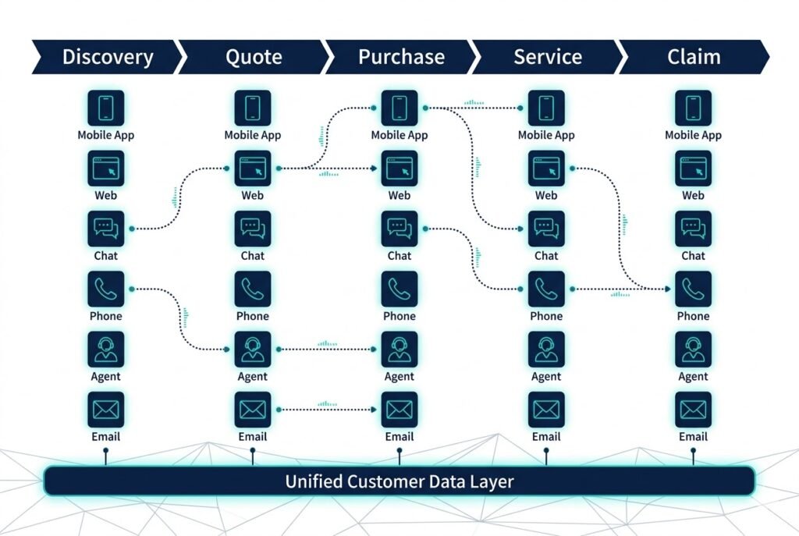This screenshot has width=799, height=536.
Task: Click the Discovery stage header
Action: click(x=108, y=57)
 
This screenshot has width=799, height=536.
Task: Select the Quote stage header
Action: click(x=253, y=57)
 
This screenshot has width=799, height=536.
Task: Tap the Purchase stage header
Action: click(x=400, y=57)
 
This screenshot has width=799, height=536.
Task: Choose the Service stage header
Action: click(x=547, y=57)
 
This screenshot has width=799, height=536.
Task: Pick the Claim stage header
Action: click(x=693, y=57)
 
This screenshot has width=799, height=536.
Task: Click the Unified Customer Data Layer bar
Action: click(x=399, y=481)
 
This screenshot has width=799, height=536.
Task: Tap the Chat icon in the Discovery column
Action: click(x=106, y=229)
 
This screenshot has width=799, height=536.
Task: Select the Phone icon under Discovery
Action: click(x=106, y=289)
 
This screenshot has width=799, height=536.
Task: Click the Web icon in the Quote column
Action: click(x=253, y=168)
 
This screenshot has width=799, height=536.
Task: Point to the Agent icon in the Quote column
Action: click(x=253, y=349)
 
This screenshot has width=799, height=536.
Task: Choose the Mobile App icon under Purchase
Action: click(x=399, y=108)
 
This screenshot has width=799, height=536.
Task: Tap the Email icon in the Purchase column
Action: click(x=399, y=409)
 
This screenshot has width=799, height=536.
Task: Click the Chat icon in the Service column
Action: click(x=546, y=229)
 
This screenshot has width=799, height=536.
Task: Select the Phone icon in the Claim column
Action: click(x=693, y=289)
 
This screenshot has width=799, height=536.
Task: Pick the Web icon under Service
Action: click(x=546, y=168)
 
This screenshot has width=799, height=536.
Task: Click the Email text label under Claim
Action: click(x=693, y=437)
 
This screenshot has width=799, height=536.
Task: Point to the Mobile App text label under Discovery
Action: click(x=106, y=135)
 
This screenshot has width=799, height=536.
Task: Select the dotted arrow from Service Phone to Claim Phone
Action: click(x=620, y=289)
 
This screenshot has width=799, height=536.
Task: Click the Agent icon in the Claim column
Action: click(x=693, y=349)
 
